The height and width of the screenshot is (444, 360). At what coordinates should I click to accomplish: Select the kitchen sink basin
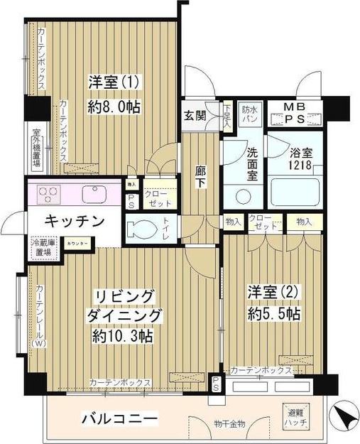coord(93,193)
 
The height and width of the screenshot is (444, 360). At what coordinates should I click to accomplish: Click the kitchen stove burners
coord(47,193)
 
